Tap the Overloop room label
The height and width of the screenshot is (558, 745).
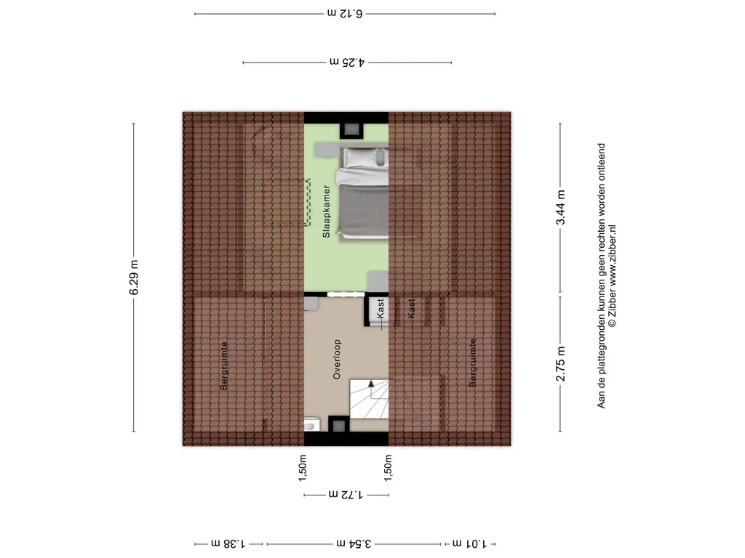(x=337, y=360)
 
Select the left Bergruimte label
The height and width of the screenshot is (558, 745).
(x=224, y=366)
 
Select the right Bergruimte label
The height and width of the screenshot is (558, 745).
(x=473, y=363)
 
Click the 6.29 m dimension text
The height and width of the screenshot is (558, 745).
(x=134, y=278)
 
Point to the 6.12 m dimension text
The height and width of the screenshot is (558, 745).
(x=345, y=13)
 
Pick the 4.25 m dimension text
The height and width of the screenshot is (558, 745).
(x=347, y=63)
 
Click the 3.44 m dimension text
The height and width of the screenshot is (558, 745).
(x=560, y=208)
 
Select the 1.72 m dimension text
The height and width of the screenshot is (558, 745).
(x=346, y=496)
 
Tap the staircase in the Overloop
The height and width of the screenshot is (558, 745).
(x=370, y=399)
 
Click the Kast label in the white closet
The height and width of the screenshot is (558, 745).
(x=381, y=309)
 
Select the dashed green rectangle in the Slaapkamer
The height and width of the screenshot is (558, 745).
(x=308, y=202)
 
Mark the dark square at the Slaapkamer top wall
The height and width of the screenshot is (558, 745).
(x=352, y=129)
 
